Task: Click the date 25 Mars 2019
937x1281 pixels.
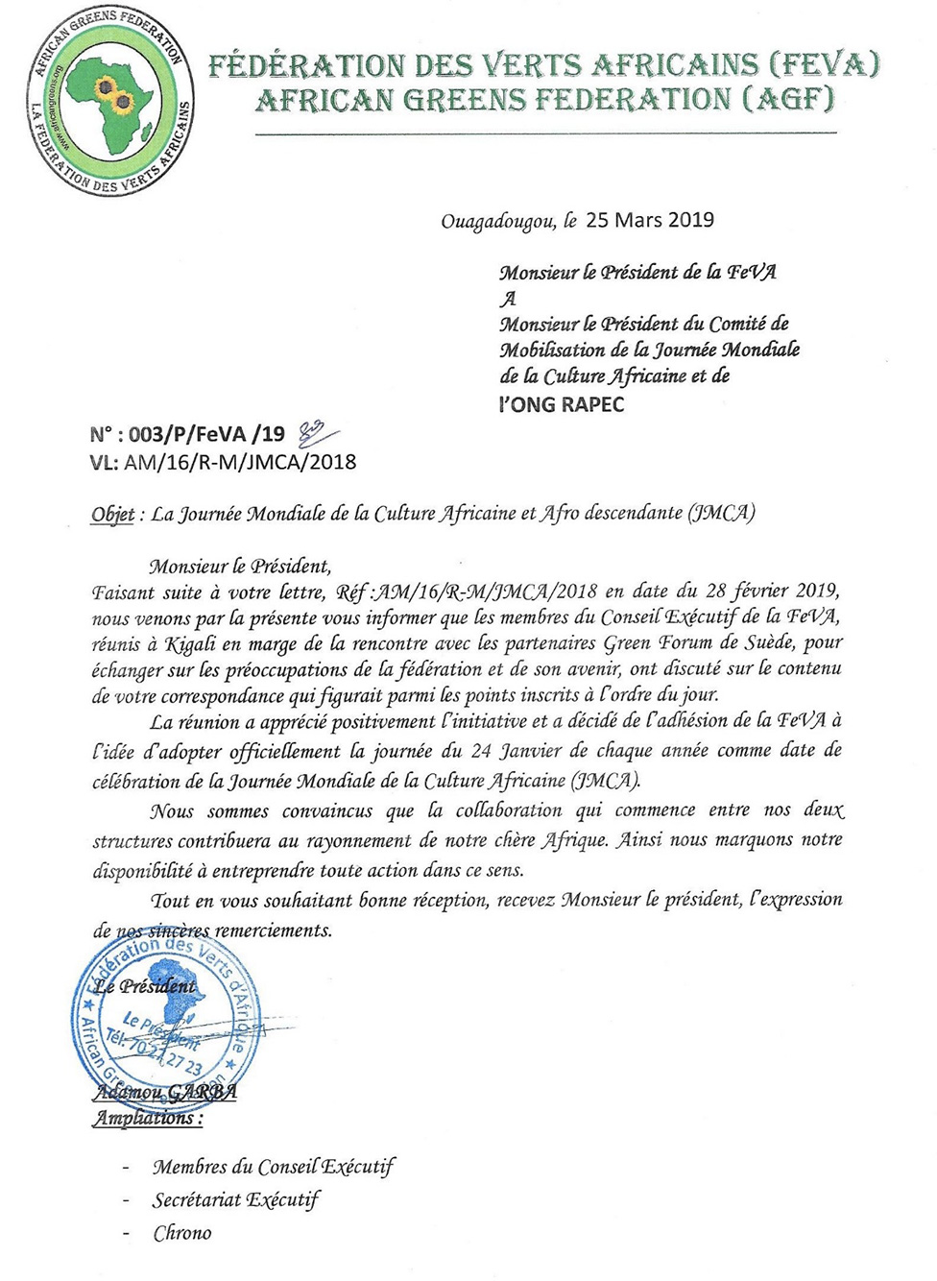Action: tap(650, 220)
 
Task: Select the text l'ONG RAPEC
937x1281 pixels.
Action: tap(561, 404)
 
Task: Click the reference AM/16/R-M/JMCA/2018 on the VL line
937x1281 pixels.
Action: tap(240, 462)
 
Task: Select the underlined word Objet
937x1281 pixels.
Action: tap(112, 514)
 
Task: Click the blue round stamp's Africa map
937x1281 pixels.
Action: tap(179, 1004)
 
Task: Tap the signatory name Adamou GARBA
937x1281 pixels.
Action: tap(164, 1092)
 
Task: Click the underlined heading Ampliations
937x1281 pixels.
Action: tap(147, 1118)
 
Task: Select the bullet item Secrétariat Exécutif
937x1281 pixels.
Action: tap(235, 1199)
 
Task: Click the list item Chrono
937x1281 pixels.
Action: tap(181, 1233)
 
